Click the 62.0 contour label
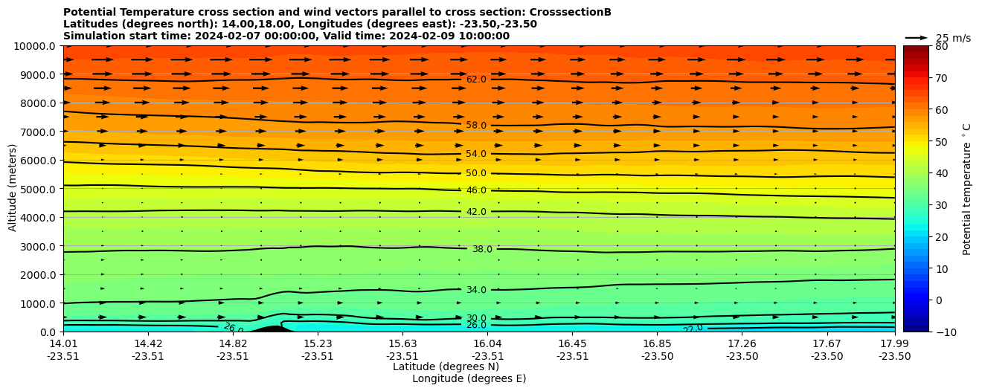tap(476, 80)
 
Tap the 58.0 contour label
tap(476, 126)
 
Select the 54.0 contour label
tap(476, 154)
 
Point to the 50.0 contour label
tap(476, 173)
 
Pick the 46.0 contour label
tap(476, 190)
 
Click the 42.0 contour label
tap(476, 212)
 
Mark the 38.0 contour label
tap(482, 249)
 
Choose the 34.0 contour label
tap(476, 290)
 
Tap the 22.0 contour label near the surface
tap(693, 329)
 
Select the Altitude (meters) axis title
tap(13, 189)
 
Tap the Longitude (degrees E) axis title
tap(469, 378)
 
